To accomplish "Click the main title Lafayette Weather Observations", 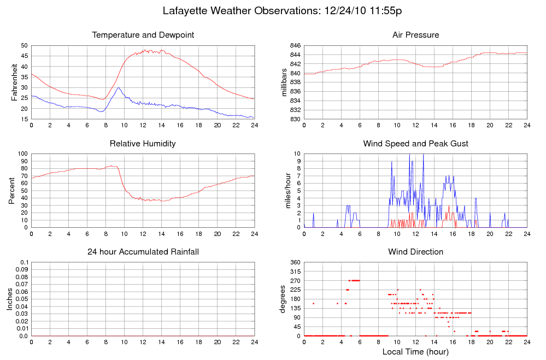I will pos(283,11).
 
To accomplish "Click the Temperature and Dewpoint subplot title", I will pos(143,35).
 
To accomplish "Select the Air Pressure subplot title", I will pos(415,35).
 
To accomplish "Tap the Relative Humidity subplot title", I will pos(143,144).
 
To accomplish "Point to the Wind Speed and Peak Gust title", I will pos(415,144).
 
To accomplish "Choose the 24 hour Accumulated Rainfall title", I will pos(143,252).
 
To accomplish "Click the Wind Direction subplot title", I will pos(415,252).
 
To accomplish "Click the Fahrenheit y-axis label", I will pos(14,82).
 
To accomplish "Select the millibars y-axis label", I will pos(284,82).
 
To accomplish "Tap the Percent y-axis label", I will pos(11,190).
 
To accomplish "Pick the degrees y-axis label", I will pos(283,299).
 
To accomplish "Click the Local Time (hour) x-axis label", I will pos(415,351).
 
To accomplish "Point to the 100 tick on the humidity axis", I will pos(22,154).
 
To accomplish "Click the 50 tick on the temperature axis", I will pos(24,45).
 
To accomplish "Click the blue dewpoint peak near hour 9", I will pos(118,87).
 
